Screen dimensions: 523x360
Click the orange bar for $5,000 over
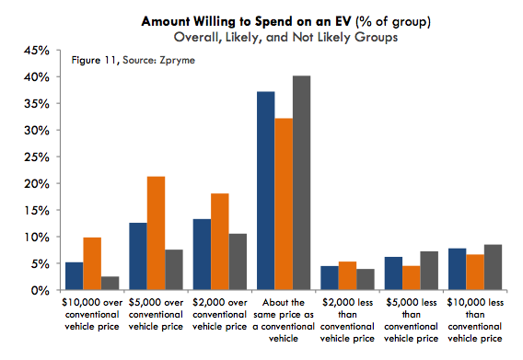[x=156, y=233]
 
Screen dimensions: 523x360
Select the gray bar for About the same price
[x=301, y=182]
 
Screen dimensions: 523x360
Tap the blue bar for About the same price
[x=266, y=191]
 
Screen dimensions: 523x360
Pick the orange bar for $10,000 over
[x=92, y=263]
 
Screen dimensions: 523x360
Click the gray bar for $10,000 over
[x=110, y=283]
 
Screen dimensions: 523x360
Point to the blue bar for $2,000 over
[x=203, y=254]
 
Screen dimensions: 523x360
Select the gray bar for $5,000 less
[x=429, y=271]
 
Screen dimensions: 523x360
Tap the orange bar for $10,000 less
[x=475, y=272]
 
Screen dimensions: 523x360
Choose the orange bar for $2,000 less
[x=347, y=275]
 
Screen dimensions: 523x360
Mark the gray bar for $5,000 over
[x=174, y=270]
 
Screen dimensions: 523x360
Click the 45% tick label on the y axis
[x=37, y=51]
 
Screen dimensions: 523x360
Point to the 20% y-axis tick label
[x=37, y=184]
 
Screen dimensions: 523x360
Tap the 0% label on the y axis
[x=40, y=291]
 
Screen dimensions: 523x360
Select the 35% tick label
[x=37, y=104]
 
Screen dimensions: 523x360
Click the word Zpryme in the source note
[x=177, y=61]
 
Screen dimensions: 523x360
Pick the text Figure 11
[x=94, y=61]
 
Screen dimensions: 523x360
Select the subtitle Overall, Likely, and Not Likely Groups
[x=285, y=37]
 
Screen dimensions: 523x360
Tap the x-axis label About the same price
[x=284, y=320]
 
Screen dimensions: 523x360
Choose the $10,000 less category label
[x=475, y=320]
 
